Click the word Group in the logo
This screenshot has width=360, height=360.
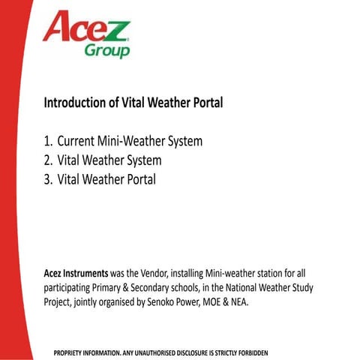[107, 49]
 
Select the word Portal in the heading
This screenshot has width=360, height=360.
[206, 101]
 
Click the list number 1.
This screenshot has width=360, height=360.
[48, 140]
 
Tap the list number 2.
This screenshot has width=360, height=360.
[48, 160]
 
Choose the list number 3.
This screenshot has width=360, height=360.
[48, 179]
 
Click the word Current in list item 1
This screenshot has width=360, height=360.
[79, 140]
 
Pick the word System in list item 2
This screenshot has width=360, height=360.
[142, 160]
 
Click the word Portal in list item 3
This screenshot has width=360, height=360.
[139, 179]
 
